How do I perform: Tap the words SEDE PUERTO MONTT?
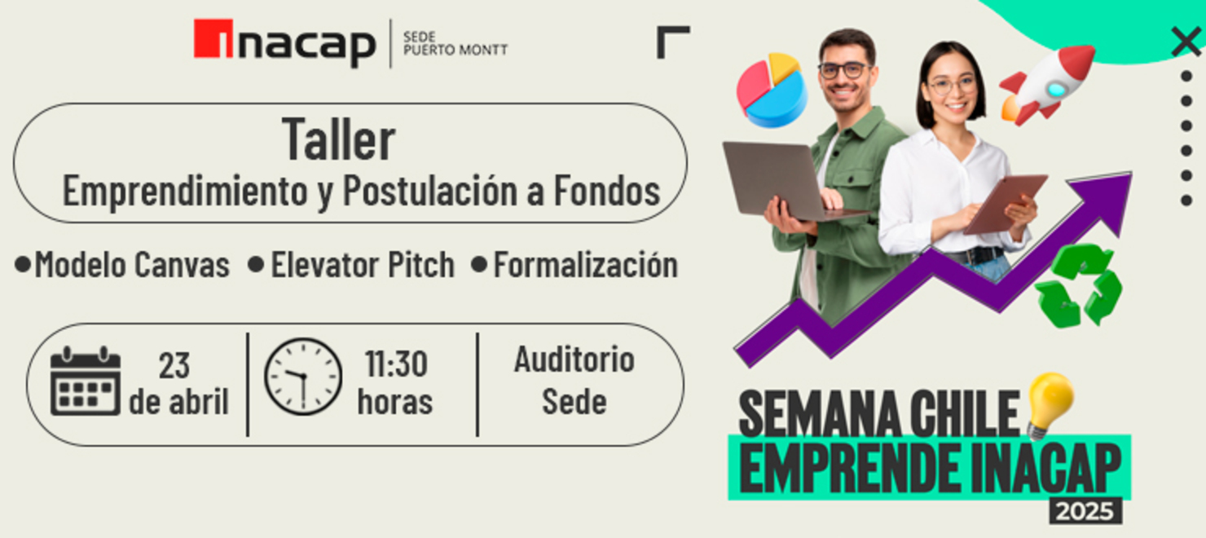[x=455, y=43]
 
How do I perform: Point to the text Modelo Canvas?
[x=131, y=265]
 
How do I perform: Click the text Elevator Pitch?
[x=362, y=265]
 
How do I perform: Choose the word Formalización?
[x=585, y=265]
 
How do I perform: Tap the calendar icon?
[x=85, y=381]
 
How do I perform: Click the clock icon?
[x=302, y=377]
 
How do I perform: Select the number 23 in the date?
[x=174, y=366]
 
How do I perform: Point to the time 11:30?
[x=396, y=364]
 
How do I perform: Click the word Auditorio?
[x=574, y=359]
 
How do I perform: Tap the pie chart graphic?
[x=771, y=90]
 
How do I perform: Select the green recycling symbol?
[x=1078, y=286]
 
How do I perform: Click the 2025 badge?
[x=1085, y=511]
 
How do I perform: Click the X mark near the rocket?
[x=1186, y=41]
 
